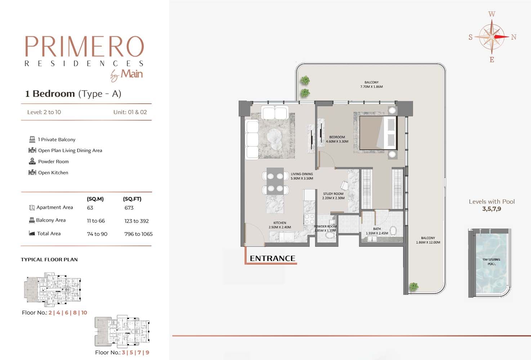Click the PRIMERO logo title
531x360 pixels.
[84, 46]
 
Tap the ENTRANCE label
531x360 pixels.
[272, 258]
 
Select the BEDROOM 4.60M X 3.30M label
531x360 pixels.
[337, 139]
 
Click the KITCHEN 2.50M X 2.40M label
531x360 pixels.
[280, 225]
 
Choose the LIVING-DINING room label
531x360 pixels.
[302, 176]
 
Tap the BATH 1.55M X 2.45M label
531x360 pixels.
[377, 231]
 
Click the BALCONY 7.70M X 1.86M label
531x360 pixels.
[371, 85]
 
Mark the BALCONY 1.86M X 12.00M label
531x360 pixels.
[428, 240]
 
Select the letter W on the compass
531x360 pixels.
[492, 14]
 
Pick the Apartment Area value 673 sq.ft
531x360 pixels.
[129, 208]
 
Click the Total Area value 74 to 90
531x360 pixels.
[97, 234]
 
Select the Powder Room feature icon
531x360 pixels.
[32, 161]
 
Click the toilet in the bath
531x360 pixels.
[393, 230]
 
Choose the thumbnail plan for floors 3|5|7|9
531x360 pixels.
[122, 332]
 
